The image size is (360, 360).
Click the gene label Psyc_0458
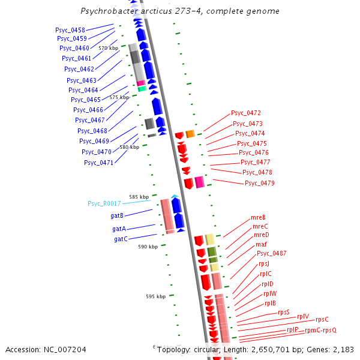click(x=70, y=30)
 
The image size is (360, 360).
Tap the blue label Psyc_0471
click(x=98, y=163)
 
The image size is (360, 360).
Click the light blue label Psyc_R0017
click(x=104, y=204)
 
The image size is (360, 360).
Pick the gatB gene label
click(x=118, y=215)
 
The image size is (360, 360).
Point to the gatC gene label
click(x=121, y=239)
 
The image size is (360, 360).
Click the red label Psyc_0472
click(x=246, y=113)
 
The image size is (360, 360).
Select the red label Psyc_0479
click(x=260, y=183)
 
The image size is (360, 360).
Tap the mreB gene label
click(x=259, y=217)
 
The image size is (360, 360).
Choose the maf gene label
click(x=261, y=244)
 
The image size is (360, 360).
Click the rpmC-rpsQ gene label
click(x=321, y=330)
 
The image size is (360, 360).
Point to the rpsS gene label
click(x=283, y=312)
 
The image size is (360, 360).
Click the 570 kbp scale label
click(x=109, y=48)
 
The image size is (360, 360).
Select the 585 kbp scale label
click(x=139, y=196)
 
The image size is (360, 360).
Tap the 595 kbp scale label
click(x=155, y=296)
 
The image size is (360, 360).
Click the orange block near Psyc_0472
click(x=190, y=134)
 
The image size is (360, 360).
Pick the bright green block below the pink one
click(x=142, y=89)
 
